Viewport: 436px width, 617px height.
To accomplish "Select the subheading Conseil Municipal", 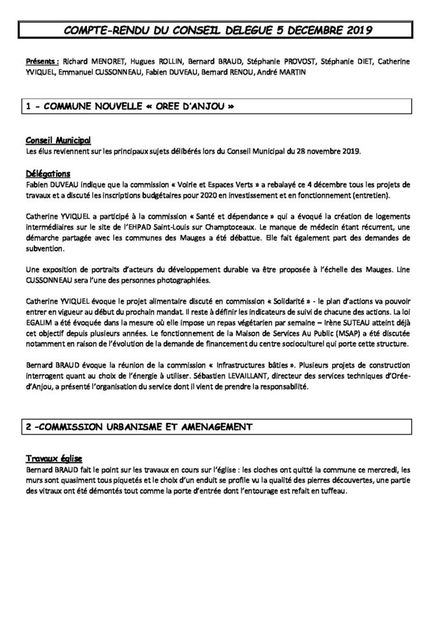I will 58,140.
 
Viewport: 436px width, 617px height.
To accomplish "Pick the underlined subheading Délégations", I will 47,174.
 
